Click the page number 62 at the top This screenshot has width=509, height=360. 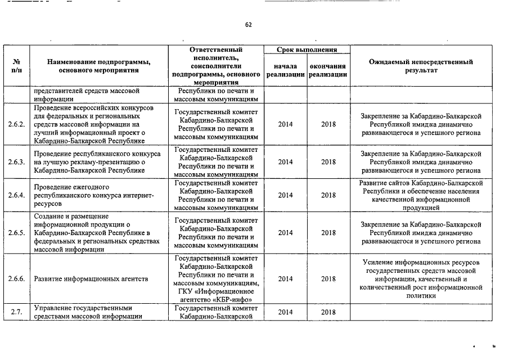click(x=249, y=25)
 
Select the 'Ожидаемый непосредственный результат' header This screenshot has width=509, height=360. click(x=421, y=66)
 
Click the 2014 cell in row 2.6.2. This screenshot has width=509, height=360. click(x=285, y=125)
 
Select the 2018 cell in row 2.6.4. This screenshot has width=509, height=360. click(x=328, y=195)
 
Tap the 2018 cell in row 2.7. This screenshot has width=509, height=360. click(x=328, y=312)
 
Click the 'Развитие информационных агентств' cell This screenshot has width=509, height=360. click(x=91, y=278)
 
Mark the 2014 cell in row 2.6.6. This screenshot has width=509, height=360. click(x=285, y=278)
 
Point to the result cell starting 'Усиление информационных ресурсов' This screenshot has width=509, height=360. click(x=421, y=278)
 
